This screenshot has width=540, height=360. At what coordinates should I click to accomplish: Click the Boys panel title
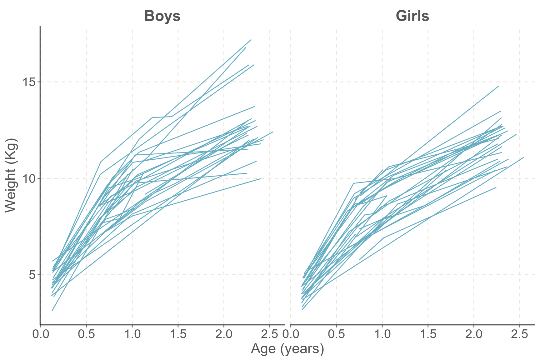click(x=162, y=16)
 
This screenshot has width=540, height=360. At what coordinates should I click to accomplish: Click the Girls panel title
click(x=412, y=16)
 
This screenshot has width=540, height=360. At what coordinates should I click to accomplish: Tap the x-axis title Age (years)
click(x=287, y=349)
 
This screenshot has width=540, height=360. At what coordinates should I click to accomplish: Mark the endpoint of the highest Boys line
click(x=251, y=40)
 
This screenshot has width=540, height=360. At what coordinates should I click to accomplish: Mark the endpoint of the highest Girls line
click(x=498, y=86)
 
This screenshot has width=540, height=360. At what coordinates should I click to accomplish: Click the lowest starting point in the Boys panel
click(x=52, y=311)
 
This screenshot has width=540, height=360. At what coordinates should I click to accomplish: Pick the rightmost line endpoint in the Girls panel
click(x=523, y=157)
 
